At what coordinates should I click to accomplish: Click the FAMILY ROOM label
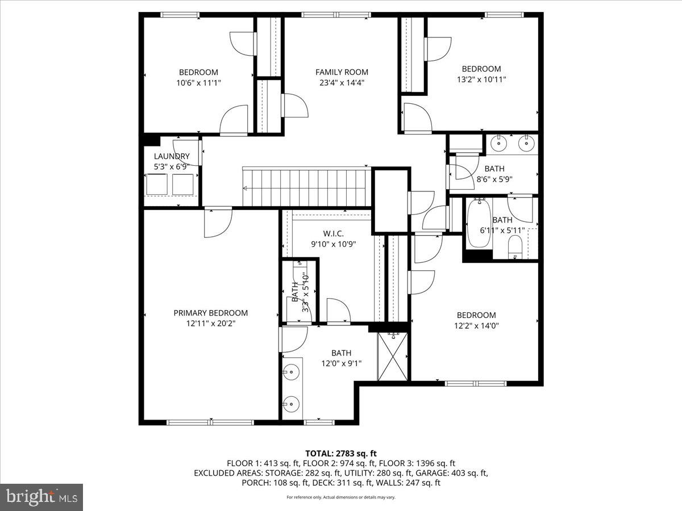[342, 72]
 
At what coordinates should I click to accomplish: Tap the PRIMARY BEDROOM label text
[210, 313]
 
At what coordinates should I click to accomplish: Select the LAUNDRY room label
[172, 157]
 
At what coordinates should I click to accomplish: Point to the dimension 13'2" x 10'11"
[481, 79]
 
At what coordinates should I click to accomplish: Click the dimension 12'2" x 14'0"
[476, 326]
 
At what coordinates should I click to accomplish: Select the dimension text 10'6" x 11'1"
[198, 82]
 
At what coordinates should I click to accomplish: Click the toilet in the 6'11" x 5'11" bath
[515, 246]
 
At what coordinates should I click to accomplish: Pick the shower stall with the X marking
[393, 357]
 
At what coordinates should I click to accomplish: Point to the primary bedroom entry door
[218, 221]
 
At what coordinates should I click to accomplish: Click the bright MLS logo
[41, 497]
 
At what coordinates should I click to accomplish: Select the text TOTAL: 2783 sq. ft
[341, 453]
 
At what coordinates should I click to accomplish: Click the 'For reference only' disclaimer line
[341, 497]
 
